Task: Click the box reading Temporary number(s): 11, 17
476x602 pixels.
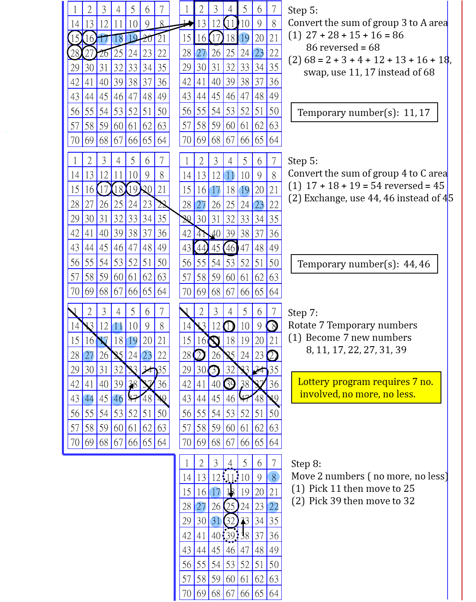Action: (364, 113)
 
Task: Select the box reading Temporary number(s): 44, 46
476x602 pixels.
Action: (364, 264)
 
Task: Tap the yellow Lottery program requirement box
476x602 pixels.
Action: (366, 387)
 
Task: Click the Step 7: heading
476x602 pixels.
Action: (303, 313)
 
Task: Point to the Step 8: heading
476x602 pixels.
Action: (306, 464)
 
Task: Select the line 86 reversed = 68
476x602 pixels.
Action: (342, 47)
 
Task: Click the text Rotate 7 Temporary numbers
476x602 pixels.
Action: (352, 325)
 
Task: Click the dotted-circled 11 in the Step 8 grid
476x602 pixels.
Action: (231, 477)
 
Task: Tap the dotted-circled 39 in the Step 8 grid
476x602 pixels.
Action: (231, 536)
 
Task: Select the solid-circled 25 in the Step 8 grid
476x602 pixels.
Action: (231, 506)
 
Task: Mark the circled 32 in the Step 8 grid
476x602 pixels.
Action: (231, 521)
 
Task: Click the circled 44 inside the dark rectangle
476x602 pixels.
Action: (201, 248)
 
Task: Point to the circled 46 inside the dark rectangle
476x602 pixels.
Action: (230, 248)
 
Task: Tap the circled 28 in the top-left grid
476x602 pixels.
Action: (75, 53)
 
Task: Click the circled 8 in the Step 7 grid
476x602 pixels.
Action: (272, 326)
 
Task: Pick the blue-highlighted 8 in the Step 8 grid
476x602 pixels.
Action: (274, 477)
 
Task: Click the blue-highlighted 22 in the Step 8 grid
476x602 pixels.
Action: (273, 506)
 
